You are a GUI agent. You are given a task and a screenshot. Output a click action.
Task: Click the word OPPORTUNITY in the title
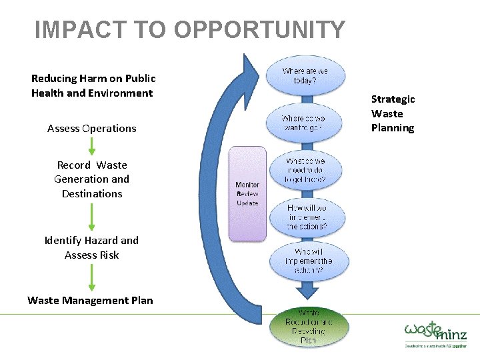point(259,30)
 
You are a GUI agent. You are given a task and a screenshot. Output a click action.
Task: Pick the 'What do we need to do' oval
point(306,170)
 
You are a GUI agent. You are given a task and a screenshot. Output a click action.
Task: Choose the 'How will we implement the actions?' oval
point(307,217)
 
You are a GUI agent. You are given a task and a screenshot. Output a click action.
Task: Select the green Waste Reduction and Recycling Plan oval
point(309,326)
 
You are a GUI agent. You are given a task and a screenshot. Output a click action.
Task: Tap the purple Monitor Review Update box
point(247,193)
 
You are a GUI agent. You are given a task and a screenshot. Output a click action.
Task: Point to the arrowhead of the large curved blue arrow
point(252,70)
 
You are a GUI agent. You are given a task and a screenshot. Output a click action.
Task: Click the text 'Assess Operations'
point(92,129)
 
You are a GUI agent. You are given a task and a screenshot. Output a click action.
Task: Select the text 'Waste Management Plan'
point(90,301)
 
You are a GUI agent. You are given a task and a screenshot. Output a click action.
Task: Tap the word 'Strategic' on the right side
point(393,99)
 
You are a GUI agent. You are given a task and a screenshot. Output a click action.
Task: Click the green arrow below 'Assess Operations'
point(92,147)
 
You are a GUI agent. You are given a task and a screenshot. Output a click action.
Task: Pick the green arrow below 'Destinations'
point(92,217)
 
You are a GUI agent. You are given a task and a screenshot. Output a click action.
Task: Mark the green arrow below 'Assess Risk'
point(92,277)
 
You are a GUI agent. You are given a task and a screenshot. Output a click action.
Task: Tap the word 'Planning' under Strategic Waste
point(393,128)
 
